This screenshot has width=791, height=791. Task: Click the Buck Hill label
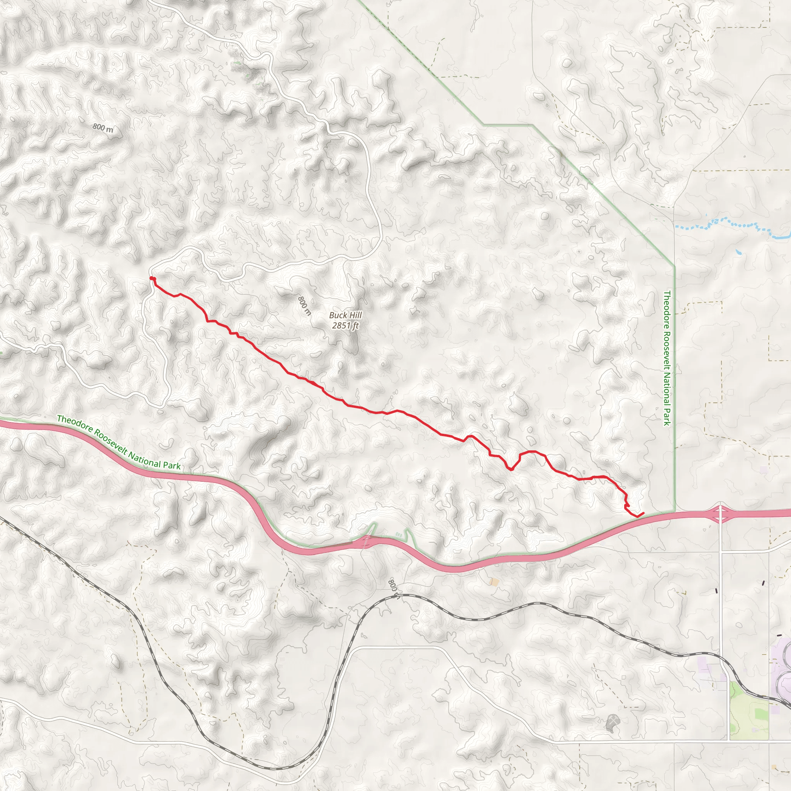click(x=345, y=315)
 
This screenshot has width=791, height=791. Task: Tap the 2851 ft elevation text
click(x=345, y=326)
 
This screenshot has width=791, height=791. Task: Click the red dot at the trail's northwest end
click(x=152, y=279)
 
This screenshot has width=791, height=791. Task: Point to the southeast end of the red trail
click(x=643, y=513)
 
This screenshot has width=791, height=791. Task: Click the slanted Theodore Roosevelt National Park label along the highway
click(x=119, y=442)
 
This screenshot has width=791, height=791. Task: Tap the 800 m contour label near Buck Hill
click(x=304, y=306)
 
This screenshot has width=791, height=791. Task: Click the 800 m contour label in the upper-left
click(x=102, y=128)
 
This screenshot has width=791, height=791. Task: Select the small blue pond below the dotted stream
click(x=738, y=252)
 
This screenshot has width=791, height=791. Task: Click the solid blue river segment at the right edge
click(x=780, y=237)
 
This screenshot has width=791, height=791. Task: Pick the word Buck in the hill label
click(x=338, y=315)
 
